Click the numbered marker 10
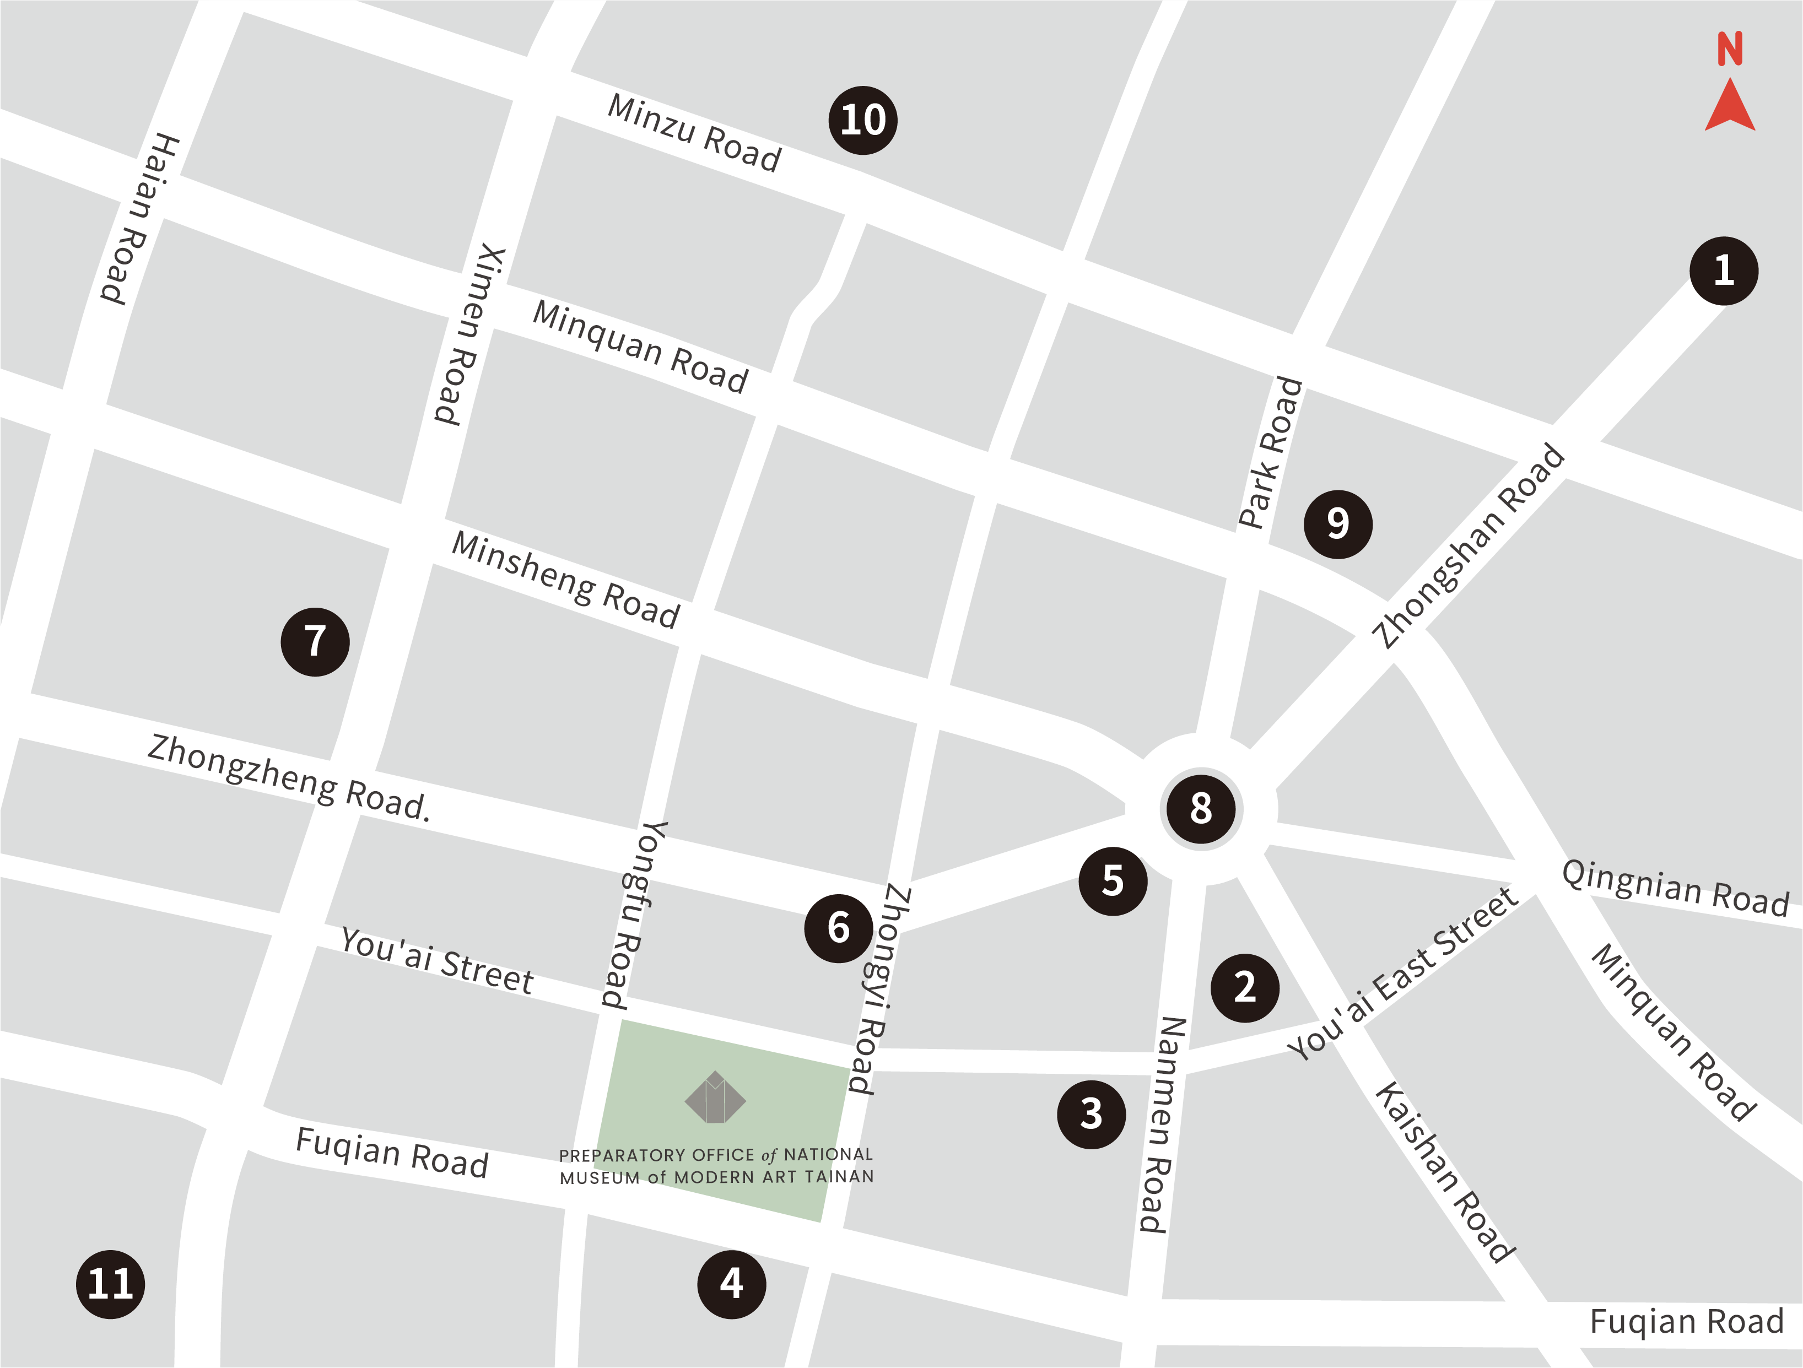click(x=862, y=121)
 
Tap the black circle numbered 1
click(x=1723, y=271)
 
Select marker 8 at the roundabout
click(x=1201, y=808)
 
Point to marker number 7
click(x=315, y=641)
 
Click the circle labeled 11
click(x=111, y=1284)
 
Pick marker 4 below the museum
click(x=731, y=1284)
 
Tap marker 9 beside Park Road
click(x=1337, y=524)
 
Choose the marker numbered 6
click(x=838, y=928)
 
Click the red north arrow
click(x=1730, y=105)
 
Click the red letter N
click(x=1730, y=49)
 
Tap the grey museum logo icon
click(x=715, y=1098)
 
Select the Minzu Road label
click(x=694, y=133)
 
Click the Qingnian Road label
click(x=1674, y=888)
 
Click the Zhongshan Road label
click(x=1468, y=546)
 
